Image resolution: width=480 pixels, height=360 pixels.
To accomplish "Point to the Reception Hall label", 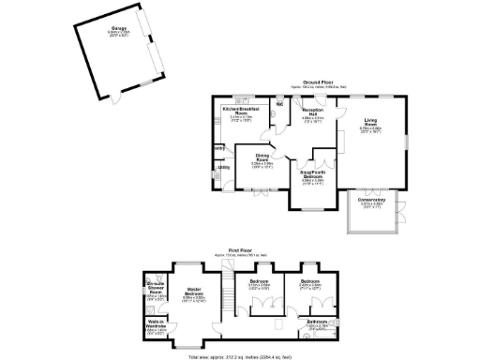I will [x=312, y=113].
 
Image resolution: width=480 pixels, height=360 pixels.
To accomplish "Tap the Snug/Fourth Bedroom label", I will [x=312, y=174].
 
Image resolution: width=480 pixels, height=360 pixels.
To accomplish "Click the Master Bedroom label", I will [x=195, y=292].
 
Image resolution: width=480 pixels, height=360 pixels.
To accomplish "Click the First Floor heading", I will [x=246, y=249].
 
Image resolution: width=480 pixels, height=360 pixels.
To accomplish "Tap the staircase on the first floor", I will [x=226, y=298].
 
